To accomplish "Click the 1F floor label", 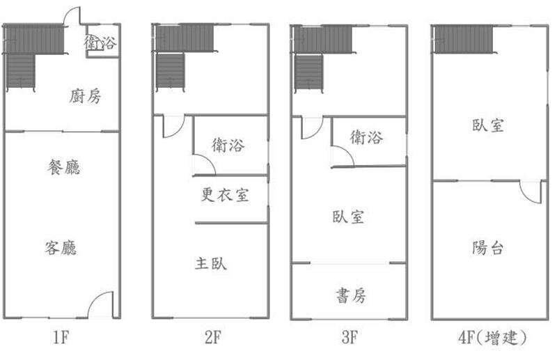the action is (x=61, y=337).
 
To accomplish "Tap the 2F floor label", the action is (x=213, y=337).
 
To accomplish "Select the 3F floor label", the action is (x=350, y=337).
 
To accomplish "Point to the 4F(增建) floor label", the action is (x=493, y=337).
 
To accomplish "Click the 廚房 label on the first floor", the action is (x=85, y=96).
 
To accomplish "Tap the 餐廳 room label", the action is (x=64, y=167).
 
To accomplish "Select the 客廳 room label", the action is (x=61, y=248).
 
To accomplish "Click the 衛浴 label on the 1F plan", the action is (x=100, y=42).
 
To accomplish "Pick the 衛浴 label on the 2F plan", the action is (x=228, y=145).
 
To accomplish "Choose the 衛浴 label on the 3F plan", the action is (x=367, y=136).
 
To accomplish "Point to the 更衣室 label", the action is (x=225, y=194).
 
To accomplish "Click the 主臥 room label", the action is (x=211, y=263).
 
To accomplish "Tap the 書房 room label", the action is (x=351, y=295).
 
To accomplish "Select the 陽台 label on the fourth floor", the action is (x=488, y=248).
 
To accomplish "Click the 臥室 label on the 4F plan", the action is (x=488, y=125).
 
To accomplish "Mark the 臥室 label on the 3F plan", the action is (x=349, y=217).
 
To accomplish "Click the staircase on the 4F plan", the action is (x=464, y=39).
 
